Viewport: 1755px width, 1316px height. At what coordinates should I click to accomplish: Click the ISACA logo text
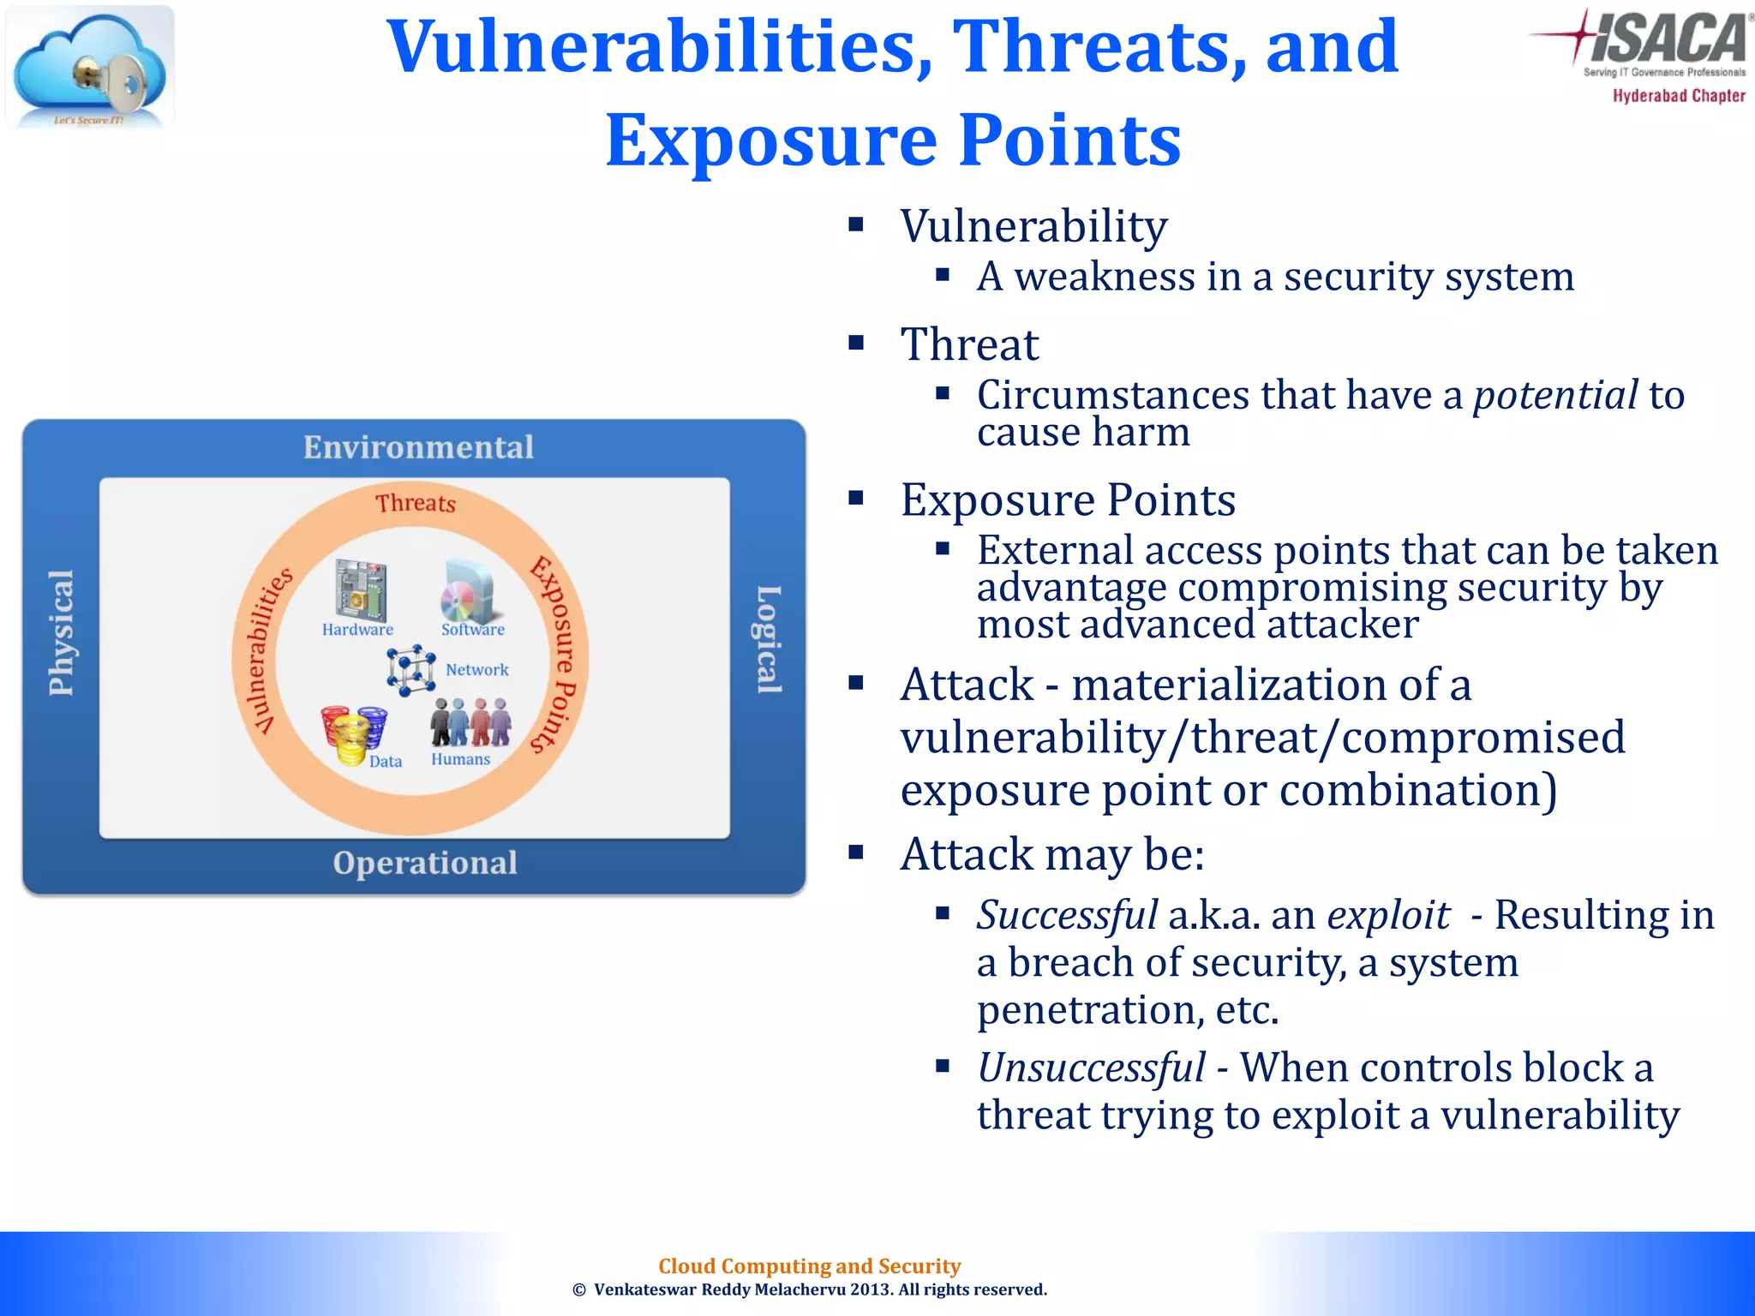[x=1667, y=39]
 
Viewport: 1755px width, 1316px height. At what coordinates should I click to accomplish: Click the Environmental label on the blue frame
[x=418, y=447]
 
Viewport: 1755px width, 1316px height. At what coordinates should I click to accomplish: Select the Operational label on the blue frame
[x=425, y=863]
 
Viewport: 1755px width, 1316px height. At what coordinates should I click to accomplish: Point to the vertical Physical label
[x=61, y=633]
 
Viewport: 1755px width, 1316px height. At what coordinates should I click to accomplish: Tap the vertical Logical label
[x=769, y=639]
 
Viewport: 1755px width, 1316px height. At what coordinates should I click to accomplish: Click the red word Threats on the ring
[x=416, y=503]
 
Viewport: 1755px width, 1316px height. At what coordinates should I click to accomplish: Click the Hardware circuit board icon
[x=361, y=590]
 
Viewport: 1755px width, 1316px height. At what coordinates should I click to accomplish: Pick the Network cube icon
[x=410, y=669]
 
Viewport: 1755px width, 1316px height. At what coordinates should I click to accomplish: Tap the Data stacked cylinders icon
[x=353, y=734]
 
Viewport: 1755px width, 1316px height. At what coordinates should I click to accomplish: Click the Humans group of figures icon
[x=470, y=722]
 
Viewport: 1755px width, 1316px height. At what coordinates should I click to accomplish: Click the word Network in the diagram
[x=477, y=670]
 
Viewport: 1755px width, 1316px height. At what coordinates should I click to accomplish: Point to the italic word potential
[x=1555, y=396]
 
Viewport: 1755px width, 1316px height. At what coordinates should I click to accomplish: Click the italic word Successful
[x=1067, y=915]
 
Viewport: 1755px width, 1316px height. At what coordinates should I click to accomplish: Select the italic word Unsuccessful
[x=1091, y=1068]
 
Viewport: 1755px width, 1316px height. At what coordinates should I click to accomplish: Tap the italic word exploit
[x=1387, y=915]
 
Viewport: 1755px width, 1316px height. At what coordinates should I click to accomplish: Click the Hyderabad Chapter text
[x=1679, y=96]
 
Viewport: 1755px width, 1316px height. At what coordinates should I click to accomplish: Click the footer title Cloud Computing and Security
[x=809, y=1266]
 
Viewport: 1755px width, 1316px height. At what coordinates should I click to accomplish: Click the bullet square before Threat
[x=855, y=344]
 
